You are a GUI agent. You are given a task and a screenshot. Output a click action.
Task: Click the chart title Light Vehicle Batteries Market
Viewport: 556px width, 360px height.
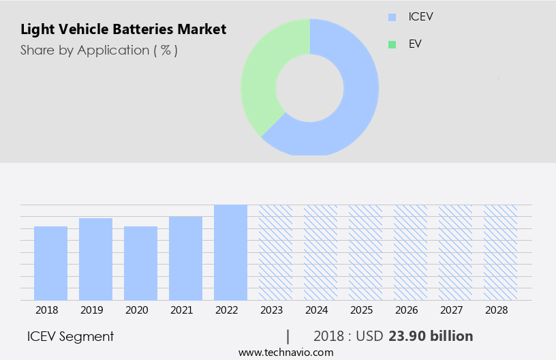click(123, 29)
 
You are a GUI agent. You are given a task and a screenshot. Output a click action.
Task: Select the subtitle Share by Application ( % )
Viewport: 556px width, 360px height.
click(99, 50)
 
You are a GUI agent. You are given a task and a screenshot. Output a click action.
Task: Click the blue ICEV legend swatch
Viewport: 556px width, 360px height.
click(392, 17)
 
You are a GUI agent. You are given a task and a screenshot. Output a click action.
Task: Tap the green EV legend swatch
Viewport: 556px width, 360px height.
click(392, 44)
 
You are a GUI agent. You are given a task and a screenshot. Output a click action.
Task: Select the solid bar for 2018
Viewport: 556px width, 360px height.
click(50, 263)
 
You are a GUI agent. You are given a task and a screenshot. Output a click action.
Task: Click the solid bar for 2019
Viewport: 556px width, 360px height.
click(95, 259)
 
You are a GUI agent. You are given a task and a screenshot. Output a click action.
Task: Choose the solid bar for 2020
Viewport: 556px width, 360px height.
click(140, 263)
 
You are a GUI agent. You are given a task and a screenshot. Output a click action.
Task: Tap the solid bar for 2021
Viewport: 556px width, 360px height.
click(185, 258)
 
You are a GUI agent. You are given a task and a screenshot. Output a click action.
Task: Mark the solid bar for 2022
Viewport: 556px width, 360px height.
click(230, 252)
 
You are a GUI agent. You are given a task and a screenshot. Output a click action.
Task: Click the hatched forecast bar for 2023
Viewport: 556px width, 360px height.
click(275, 252)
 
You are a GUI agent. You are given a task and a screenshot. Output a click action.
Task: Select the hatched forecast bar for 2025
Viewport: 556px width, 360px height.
click(365, 252)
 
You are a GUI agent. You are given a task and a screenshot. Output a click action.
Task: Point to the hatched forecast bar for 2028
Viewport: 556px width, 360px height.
click(500, 252)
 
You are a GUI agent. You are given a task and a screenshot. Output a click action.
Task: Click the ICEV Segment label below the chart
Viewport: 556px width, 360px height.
click(70, 336)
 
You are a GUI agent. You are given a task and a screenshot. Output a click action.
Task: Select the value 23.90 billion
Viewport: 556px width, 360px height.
click(431, 336)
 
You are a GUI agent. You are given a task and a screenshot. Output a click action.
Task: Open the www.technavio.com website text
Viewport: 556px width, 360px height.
click(285, 352)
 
